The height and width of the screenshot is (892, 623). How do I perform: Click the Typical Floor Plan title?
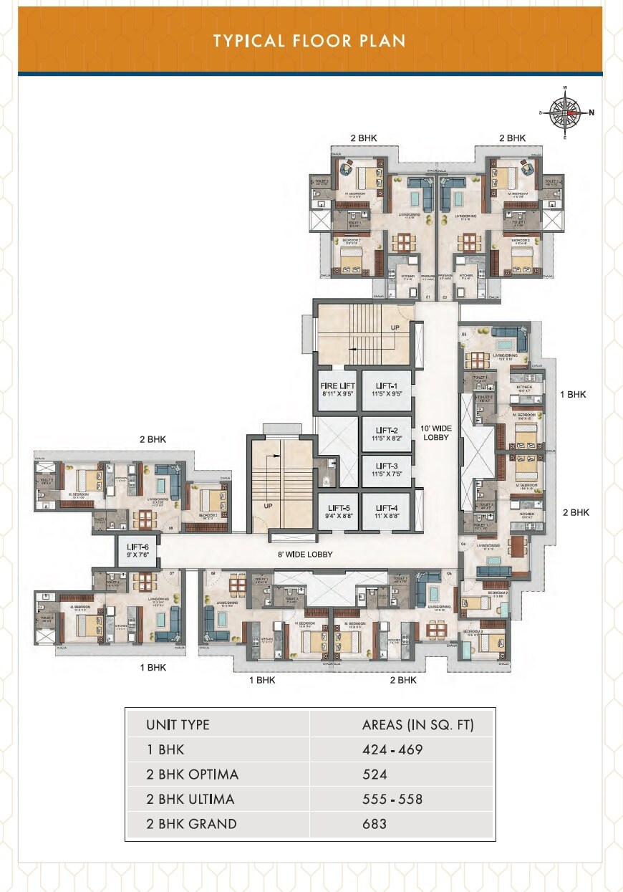point(309,40)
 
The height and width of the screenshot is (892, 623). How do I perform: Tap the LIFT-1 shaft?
point(386,390)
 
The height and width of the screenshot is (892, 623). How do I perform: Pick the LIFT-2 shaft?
point(386,434)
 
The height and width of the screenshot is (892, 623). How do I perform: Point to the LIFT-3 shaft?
point(386,471)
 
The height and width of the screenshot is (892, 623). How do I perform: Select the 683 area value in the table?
point(374,824)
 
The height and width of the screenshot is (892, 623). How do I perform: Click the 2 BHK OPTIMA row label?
point(192,774)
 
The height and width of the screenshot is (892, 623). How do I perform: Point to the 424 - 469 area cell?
point(392,750)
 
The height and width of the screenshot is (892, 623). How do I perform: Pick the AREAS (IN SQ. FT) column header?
point(417,725)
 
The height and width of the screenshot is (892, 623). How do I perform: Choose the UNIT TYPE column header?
point(178,725)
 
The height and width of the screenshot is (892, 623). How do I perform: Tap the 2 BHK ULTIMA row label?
point(190,799)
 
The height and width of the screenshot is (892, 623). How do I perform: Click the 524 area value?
point(374,774)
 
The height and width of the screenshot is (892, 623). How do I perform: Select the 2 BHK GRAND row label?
point(190,824)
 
